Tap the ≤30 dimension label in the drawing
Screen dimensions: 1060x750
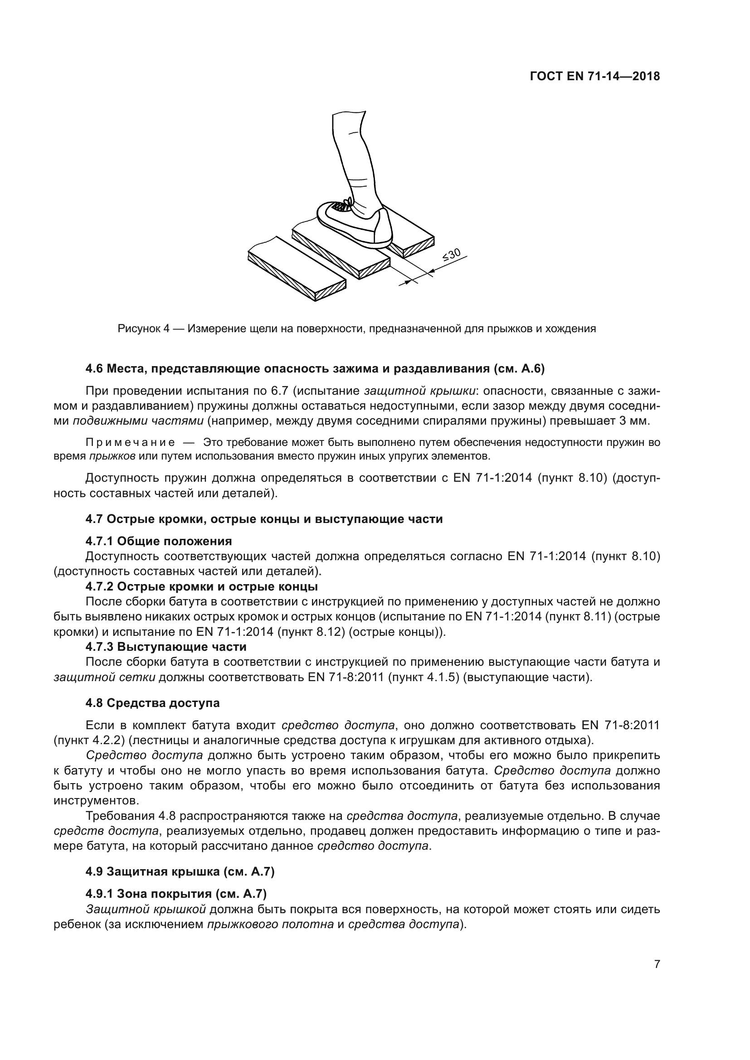(451, 254)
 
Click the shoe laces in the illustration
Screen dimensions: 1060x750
(345, 203)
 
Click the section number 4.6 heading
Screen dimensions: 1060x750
(95, 369)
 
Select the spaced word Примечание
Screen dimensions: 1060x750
(130, 443)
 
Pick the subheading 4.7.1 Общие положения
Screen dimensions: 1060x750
(158, 541)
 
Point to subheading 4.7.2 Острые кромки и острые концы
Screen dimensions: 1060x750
(201, 587)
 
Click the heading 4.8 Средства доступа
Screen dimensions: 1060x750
(152, 703)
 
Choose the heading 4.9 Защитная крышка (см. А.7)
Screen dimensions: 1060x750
(180, 872)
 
